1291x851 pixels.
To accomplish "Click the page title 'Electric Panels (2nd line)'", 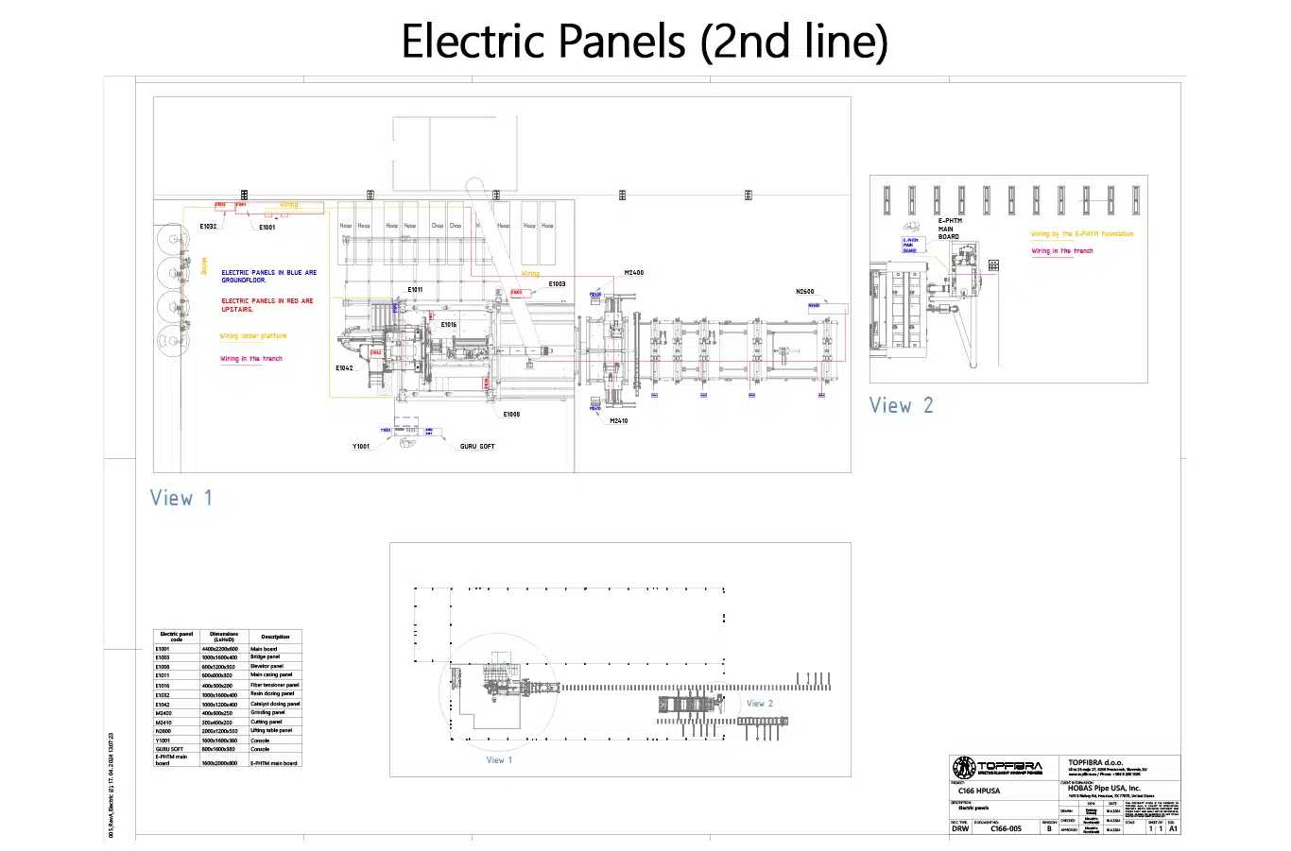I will pos(645,42).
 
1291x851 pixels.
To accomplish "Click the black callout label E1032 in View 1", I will pos(208,227).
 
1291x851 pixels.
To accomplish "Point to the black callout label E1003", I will pos(557,283).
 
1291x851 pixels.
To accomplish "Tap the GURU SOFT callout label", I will pos(477,446).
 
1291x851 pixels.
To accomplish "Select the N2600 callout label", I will pos(804,292).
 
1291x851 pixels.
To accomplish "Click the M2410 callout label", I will pos(618,421).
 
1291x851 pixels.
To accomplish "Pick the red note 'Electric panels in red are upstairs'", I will pos(267,305).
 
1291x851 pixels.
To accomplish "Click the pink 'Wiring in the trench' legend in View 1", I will pos(251,359).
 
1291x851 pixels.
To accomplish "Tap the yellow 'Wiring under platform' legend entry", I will pos(253,336).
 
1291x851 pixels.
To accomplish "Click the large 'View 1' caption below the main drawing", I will pos(181,499).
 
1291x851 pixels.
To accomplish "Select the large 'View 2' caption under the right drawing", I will pos(901,406).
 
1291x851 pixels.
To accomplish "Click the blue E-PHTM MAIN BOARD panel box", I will pos(910,246).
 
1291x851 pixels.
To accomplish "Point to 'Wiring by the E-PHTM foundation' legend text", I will pos(1081,234).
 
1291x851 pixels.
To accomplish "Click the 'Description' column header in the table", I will pos(275,637).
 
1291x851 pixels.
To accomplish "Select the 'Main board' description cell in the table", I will pos(264,649).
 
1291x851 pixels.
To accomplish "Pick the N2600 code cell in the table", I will pos(164,731).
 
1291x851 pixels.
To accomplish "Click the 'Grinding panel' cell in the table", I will pos(267,713).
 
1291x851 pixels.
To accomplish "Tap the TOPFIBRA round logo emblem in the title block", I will pos(964,768).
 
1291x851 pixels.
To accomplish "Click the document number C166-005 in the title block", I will pos(1006,829).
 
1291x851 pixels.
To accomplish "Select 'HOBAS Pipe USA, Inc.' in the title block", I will pos(1104,788).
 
